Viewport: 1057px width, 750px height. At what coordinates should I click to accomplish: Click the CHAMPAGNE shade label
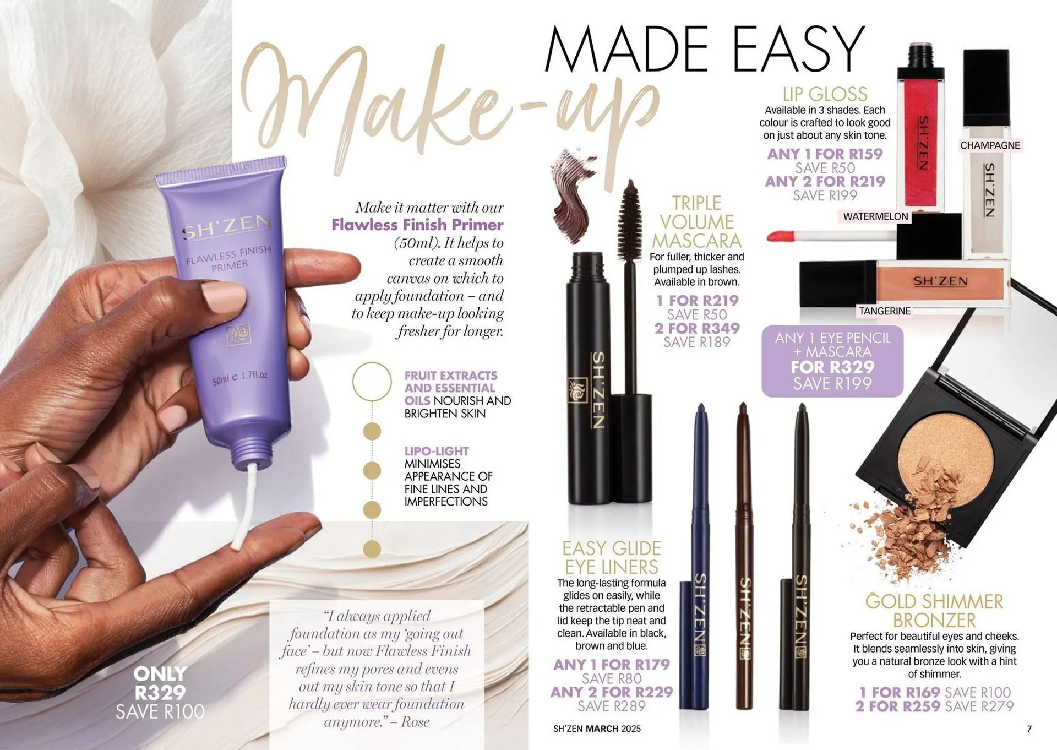(990, 145)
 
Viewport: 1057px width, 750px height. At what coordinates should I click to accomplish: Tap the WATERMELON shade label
(875, 216)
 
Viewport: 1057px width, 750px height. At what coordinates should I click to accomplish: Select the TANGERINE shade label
(885, 311)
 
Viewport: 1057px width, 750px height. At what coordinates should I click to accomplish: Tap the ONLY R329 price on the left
(160, 683)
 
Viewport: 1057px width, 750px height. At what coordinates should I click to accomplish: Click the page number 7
(1029, 729)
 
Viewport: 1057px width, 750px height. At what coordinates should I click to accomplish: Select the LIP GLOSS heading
(825, 94)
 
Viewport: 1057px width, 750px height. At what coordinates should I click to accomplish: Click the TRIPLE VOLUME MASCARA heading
(696, 222)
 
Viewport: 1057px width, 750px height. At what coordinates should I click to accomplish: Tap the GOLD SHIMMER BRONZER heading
(934, 611)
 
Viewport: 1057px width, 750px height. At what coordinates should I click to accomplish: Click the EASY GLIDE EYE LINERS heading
(611, 557)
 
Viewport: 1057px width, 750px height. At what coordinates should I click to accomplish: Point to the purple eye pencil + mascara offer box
(832, 361)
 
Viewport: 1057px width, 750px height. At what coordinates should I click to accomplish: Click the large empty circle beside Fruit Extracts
(372, 381)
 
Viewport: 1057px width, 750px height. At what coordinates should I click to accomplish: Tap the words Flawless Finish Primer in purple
(417, 225)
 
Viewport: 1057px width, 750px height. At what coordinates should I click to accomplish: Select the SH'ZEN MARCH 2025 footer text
(597, 729)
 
